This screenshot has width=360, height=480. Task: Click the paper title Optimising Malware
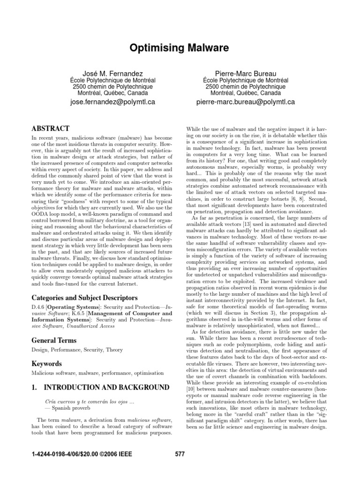[180, 47]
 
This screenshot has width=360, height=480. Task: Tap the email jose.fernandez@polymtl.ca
[112, 101]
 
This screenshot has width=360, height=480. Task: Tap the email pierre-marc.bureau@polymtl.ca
[246, 101]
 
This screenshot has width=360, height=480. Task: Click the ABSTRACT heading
[50, 128]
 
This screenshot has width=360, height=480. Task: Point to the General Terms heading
[54, 340]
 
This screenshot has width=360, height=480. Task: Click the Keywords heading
[47, 363]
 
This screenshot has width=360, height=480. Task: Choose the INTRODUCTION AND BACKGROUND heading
[106, 387]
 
